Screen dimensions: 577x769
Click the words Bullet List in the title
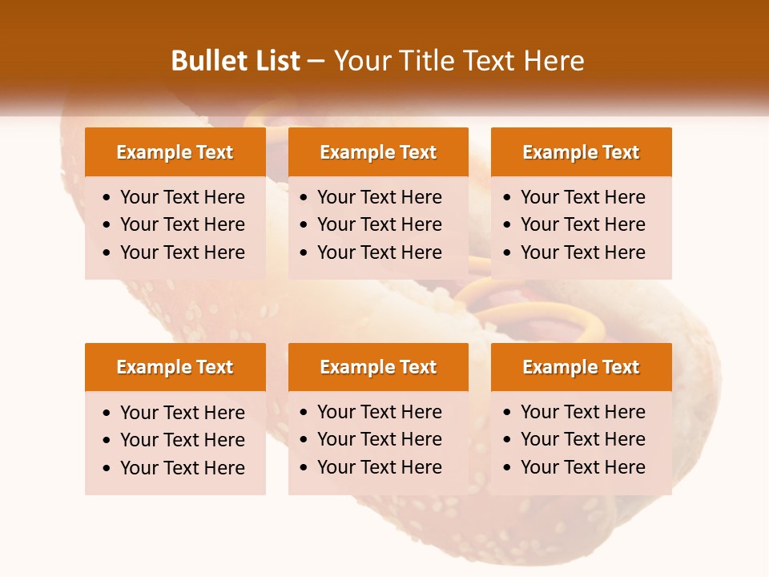(236, 61)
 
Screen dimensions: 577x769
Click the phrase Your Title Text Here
(459, 61)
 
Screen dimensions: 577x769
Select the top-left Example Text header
(175, 152)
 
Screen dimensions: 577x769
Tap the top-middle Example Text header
(378, 152)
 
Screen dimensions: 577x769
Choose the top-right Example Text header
(581, 152)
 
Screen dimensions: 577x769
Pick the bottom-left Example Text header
(175, 367)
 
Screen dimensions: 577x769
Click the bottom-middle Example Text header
(378, 367)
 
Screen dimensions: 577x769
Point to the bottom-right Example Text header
(581, 367)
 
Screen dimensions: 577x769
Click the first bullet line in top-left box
(182, 197)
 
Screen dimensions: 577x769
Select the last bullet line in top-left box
(182, 252)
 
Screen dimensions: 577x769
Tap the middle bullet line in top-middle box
(379, 224)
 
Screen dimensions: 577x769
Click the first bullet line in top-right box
(582, 197)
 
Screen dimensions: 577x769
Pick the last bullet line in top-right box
(582, 252)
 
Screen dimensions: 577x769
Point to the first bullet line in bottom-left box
(182, 413)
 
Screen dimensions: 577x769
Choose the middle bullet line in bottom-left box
(182, 440)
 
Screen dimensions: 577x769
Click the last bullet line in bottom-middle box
(379, 467)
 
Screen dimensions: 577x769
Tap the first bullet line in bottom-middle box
(379, 412)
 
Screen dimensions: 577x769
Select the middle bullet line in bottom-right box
(582, 439)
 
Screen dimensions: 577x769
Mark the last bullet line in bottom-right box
(582, 467)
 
